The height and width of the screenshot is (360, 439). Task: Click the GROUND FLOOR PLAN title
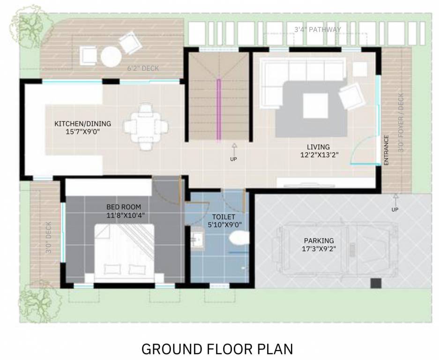tap(217, 349)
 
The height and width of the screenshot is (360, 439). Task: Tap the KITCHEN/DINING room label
tap(83, 124)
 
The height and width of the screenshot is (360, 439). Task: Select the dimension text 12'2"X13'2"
tap(319, 154)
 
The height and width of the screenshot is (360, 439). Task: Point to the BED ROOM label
tap(124, 207)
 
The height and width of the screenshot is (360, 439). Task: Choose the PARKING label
tap(319, 240)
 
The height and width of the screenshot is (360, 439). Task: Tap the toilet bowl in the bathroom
tap(239, 238)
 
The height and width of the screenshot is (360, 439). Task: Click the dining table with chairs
tap(146, 126)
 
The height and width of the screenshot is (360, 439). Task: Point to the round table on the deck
tap(111, 57)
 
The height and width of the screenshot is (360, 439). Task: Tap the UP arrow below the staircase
tap(234, 150)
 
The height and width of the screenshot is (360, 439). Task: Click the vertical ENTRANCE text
tap(387, 150)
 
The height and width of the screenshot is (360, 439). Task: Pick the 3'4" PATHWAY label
tap(318, 30)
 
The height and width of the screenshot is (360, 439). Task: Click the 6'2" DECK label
tap(143, 68)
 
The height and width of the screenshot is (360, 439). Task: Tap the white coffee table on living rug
tap(315, 105)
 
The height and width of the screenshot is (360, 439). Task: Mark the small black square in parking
tap(376, 283)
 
